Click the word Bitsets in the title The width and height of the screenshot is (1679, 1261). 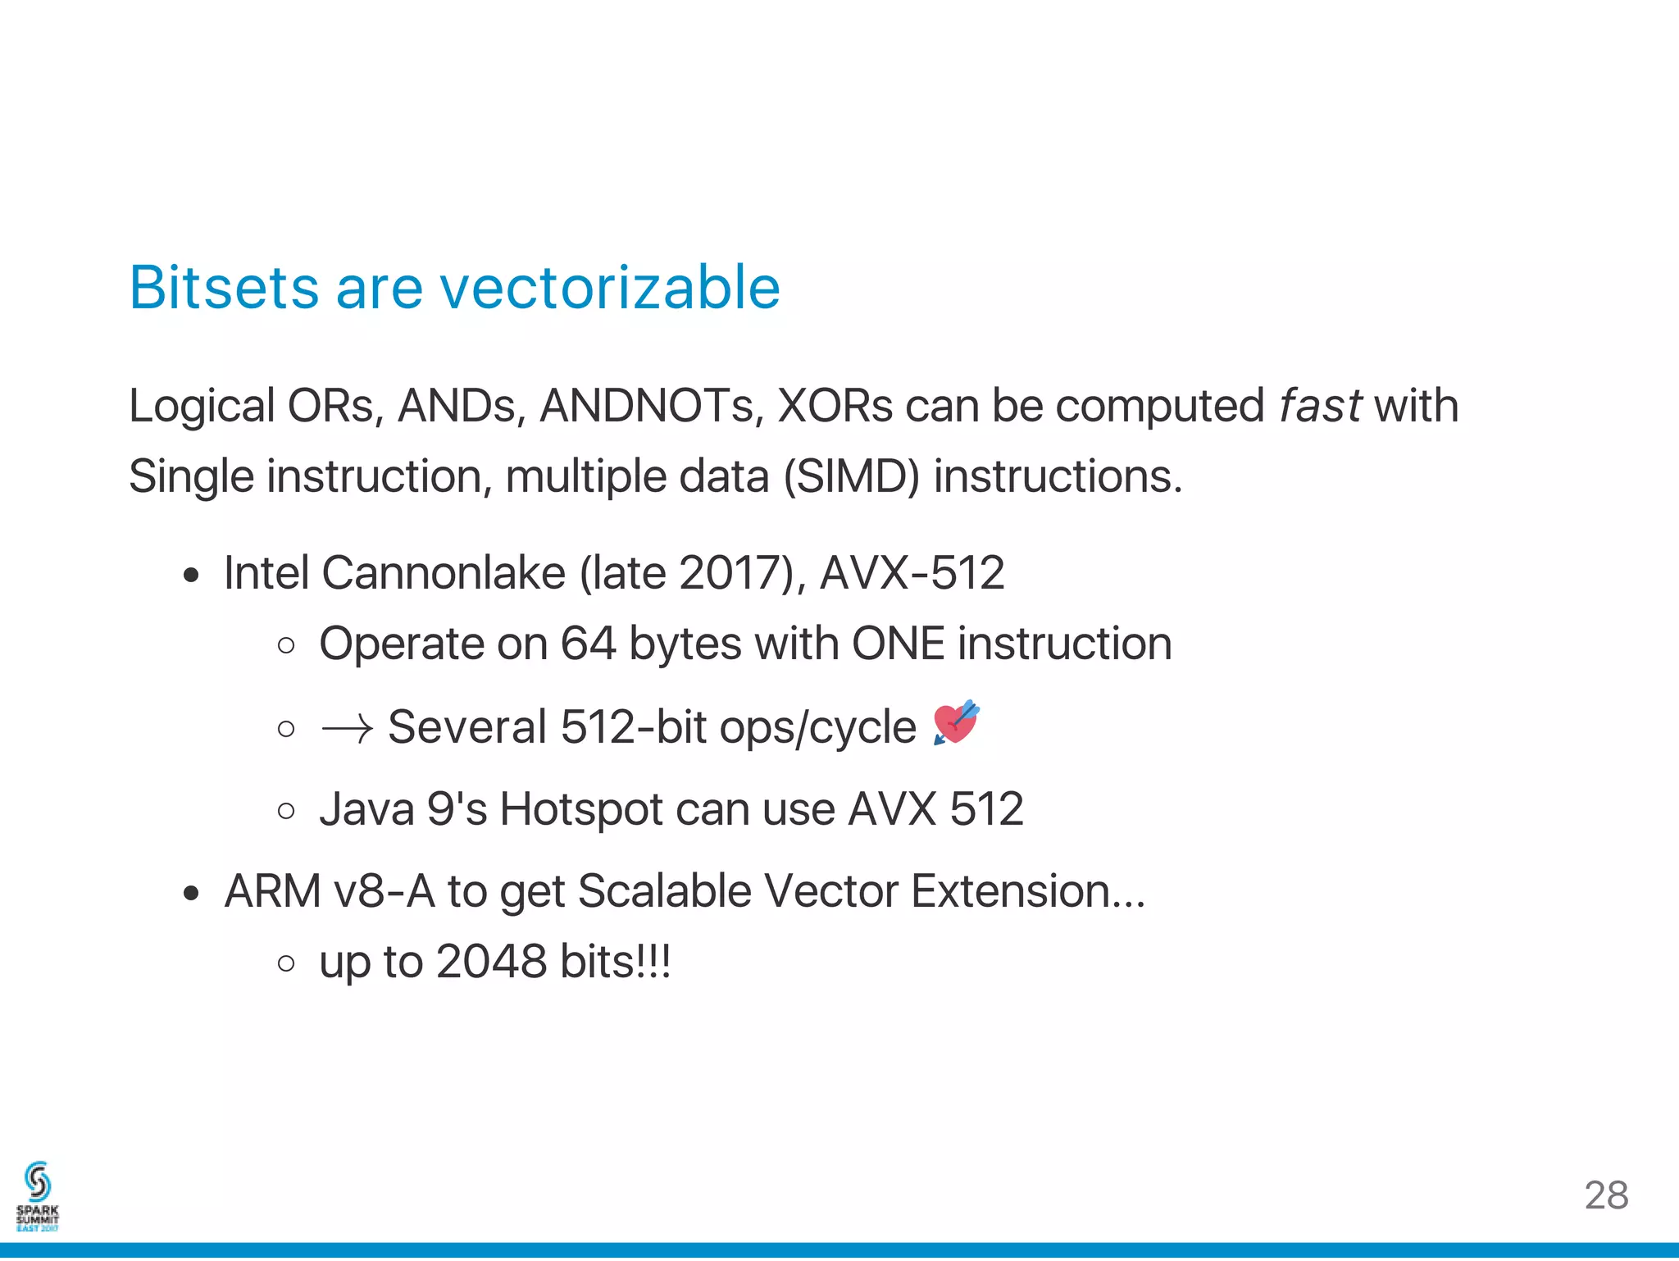[224, 288]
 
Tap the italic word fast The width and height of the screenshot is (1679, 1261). [1320, 406]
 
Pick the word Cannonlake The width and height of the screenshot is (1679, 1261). [444, 572]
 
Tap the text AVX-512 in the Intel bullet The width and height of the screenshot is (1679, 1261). [912, 572]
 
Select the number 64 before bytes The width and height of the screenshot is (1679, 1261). [587, 644]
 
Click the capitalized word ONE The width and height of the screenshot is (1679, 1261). [898, 644]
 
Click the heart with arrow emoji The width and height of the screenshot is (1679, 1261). [956, 723]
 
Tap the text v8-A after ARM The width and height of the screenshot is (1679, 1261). [384, 891]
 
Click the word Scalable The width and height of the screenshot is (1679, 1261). [664, 891]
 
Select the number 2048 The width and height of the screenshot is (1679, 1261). [491, 962]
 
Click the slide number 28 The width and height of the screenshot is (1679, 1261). [1606, 1195]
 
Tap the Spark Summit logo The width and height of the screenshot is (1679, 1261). [38, 1196]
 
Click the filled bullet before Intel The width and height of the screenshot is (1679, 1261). [191, 576]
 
